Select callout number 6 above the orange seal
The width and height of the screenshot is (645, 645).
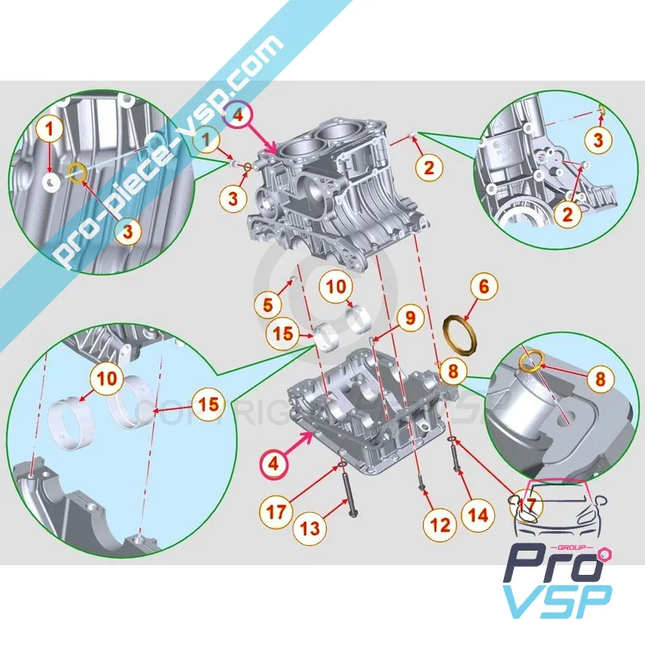click(x=484, y=285)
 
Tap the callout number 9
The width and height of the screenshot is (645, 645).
click(x=410, y=318)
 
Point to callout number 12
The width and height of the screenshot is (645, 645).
click(x=439, y=525)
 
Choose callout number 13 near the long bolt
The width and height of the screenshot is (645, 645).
click(x=311, y=528)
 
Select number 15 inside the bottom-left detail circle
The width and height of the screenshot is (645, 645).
click(x=208, y=404)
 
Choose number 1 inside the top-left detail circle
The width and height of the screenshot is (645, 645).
click(x=49, y=127)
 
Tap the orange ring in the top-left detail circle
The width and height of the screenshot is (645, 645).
click(x=77, y=173)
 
